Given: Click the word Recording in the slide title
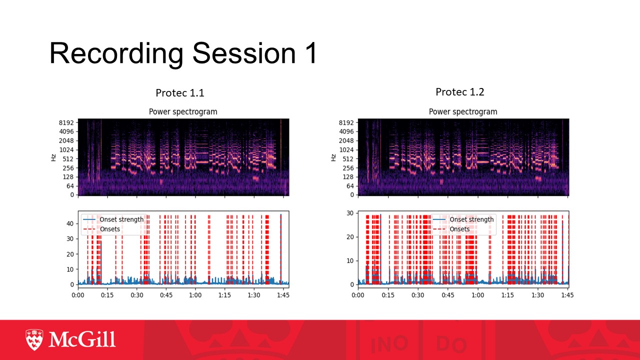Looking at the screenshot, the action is click(116, 53).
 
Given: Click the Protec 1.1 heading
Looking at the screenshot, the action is click(180, 93).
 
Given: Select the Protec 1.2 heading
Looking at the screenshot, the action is click(460, 92).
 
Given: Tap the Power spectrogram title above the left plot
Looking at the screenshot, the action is click(183, 111).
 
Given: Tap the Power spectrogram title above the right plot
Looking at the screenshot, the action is click(463, 111).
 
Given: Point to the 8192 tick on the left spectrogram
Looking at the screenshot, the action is click(66, 122).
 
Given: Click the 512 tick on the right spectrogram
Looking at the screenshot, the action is click(348, 159).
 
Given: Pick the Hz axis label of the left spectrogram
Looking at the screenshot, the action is click(53, 157).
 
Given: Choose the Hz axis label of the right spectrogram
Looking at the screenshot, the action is click(333, 157).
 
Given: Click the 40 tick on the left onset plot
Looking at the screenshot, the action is click(70, 223).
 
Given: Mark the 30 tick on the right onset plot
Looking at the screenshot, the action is click(350, 213).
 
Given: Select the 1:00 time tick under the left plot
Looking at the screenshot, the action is click(195, 295).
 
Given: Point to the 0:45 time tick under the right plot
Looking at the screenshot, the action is click(447, 295).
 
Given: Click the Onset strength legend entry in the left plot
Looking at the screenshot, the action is click(113, 219).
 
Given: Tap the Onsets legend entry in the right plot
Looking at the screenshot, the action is click(451, 229).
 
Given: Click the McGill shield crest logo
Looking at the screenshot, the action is click(34, 339).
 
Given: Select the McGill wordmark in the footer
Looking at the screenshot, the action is click(82, 339).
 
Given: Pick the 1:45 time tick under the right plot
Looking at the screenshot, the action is click(567, 295).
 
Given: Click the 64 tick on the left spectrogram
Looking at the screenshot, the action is click(70, 186).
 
